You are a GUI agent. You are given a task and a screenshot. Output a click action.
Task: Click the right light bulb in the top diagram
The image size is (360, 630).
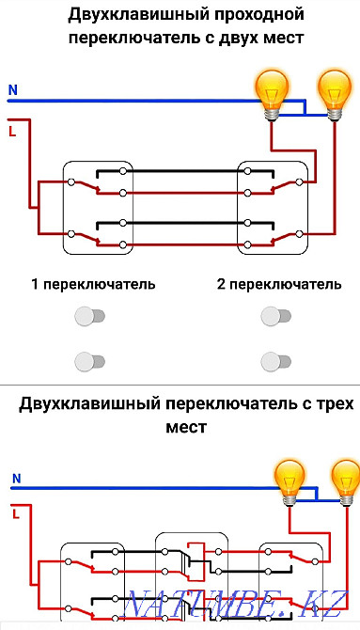coord(334,92)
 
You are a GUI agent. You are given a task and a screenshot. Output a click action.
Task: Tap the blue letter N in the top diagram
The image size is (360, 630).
coord(12,91)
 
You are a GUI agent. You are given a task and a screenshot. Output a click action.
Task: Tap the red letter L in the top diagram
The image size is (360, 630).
coord(12,132)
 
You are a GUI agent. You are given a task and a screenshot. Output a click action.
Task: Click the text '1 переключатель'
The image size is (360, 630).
coord(93,284)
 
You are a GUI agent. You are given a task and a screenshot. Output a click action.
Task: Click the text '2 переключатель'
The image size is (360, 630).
coord(279,284)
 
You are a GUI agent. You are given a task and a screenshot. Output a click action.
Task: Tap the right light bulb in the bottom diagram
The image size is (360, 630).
coord(344,477)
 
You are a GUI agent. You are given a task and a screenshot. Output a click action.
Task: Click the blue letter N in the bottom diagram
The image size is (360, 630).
coord(16,479)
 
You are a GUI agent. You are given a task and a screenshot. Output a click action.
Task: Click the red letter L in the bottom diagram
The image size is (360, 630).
coord(16,513)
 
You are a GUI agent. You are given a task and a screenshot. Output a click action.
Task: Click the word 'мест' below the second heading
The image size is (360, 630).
coord(183,427)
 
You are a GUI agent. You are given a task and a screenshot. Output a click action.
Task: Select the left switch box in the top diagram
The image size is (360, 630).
coord(98,207)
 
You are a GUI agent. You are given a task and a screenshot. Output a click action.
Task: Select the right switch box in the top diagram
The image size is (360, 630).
coord(273,207)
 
